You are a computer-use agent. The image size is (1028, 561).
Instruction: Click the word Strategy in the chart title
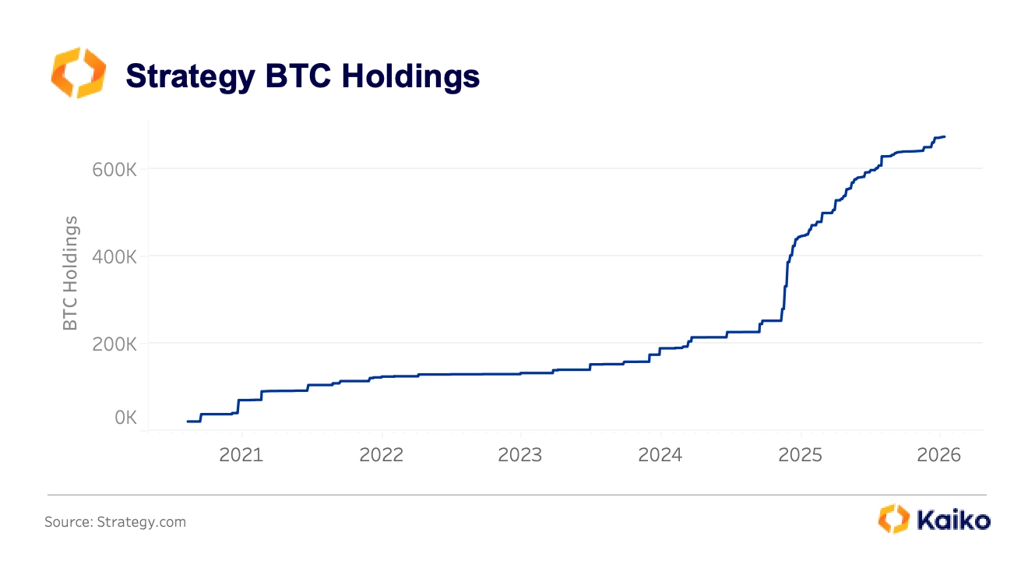click(x=190, y=76)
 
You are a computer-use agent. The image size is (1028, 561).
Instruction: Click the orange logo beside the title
click(x=77, y=72)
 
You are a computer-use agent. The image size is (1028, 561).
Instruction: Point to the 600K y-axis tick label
click(x=115, y=168)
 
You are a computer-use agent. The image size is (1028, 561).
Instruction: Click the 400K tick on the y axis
click(x=115, y=256)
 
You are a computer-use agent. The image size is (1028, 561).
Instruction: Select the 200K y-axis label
click(x=115, y=343)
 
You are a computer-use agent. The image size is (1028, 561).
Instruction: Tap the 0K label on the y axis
click(x=125, y=418)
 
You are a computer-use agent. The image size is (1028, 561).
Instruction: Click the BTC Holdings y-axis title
click(x=71, y=273)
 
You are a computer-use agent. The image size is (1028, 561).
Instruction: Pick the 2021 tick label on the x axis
click(x=241, y=455)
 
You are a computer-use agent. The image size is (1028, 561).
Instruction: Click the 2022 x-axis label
click(x=382, y=455)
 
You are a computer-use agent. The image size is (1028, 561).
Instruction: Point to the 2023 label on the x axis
click(x=520, y=455)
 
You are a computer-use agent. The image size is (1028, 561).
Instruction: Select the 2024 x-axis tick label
click(x=660, y=455)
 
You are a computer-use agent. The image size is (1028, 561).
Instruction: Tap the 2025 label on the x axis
click(x=801, y=455)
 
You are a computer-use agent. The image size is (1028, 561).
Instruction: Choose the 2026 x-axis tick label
click(x=939, y=455)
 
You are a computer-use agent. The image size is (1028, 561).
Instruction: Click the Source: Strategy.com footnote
click(x=115, y=522)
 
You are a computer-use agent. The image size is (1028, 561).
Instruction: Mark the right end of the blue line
click(x=945, y=137)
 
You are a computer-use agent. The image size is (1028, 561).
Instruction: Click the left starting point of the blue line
click(x=188, y=422)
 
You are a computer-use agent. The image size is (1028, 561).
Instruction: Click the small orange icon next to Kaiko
click(x=893, y=519)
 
